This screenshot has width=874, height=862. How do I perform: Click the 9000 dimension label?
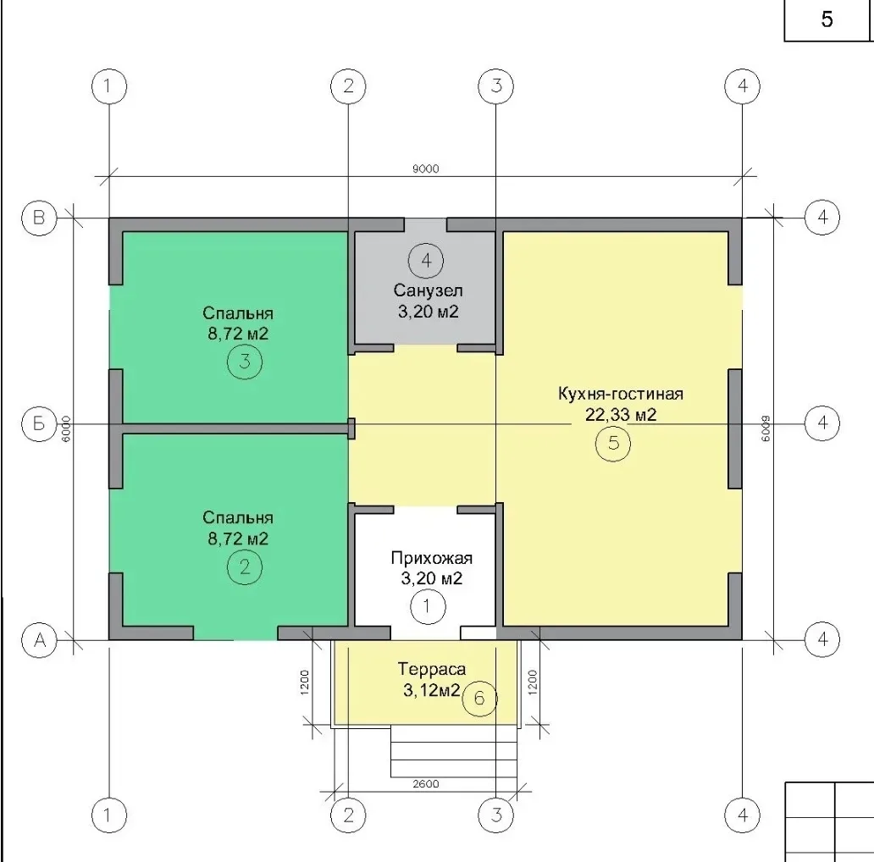click(x=425, y=169)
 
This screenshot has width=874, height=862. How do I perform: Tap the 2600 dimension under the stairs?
click(x=426, y=784)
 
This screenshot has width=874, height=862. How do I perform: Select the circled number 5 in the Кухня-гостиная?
click(x=613, y=444)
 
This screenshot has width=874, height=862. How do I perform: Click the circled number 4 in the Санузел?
click(x=426, y=260)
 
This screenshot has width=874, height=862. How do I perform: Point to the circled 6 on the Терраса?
click(x=478, y=699)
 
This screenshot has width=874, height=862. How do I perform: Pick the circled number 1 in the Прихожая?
click(x=428, y=606)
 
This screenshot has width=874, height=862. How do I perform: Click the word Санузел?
click(x=428, y=290)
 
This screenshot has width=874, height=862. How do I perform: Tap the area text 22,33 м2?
click(x=621, y=415)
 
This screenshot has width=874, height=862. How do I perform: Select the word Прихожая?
click(x=431, y=558)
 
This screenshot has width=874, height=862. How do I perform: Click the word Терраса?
click(x=431, y=669)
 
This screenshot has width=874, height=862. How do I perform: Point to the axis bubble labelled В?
click(x=39, y=218)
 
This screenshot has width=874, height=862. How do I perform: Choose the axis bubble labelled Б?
click(x=39, y=423)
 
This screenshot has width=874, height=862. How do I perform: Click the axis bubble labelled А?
click(x=39, y=639)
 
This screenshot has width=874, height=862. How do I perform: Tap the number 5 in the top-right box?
click(x=827, y=19)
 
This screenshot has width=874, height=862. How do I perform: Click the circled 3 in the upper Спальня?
click(x=244, y=362)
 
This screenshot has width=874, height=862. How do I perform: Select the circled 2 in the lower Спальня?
click(x=244, y=567)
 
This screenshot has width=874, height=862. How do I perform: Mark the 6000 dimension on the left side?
click(x=67, y=429)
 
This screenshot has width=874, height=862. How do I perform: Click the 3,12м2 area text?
click(x=431, y=691)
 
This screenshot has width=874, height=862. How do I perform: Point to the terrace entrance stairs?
click(x=453, y=752)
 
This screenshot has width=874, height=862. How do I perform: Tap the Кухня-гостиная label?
click(x=621, y=394)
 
